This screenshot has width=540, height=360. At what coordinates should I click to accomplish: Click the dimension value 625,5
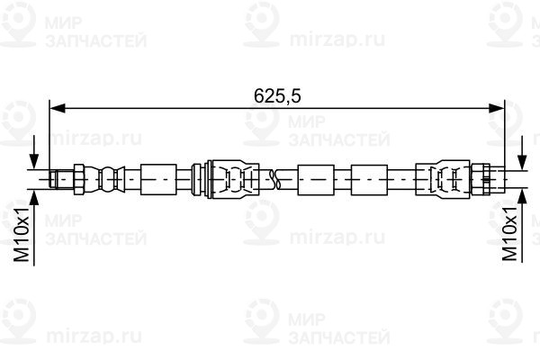(277, 96)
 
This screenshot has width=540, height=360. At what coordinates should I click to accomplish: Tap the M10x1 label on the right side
(510, 234)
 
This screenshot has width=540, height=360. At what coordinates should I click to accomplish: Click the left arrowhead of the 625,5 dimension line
(58, 109)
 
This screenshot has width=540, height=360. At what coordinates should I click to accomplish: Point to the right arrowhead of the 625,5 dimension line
(496, 109)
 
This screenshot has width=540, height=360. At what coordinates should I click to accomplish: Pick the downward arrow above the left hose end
(34, 152)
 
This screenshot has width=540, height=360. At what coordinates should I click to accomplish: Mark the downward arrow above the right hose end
(522, 153)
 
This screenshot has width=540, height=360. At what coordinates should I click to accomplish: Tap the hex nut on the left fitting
(79, 179)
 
